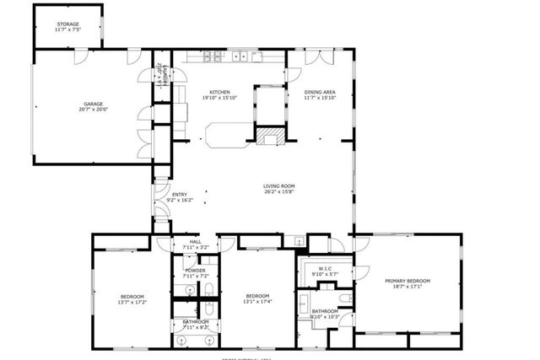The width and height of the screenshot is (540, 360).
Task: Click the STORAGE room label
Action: (x=69, y=24)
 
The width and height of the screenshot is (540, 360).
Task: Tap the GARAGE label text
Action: (x=94, y=103)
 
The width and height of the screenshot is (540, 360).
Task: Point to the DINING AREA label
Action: (x=320, y=92)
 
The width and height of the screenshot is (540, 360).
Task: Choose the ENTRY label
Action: (x=180, y=194)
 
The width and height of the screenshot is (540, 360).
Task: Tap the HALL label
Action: (x=195, y=241)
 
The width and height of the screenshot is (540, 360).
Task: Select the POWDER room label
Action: (x=195, y=270)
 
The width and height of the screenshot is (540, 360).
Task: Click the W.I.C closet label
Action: (x=324, y=268)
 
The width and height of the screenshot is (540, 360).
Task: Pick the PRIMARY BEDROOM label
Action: (x=408, y=281)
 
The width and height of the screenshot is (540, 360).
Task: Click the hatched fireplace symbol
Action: (x=269, y=137)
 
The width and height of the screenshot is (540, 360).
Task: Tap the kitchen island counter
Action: (x=228, y=133)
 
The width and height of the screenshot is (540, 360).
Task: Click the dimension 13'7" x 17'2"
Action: (x=133, y=302)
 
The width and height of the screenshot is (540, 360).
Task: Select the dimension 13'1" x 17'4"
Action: (x=257, y=302)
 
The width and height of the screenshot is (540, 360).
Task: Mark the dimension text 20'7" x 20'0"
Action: (x=94, y=109)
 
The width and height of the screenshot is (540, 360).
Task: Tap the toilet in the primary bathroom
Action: (x=344, y=297)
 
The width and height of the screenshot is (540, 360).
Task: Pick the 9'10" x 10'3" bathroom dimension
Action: (x=324, y=317)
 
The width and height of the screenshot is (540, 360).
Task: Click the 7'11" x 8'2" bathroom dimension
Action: (x=195, y=327)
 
